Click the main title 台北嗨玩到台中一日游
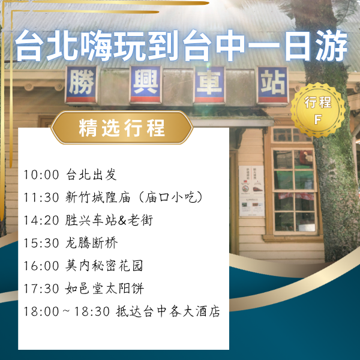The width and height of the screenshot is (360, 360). (x=180, y=47)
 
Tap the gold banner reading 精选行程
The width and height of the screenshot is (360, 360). (x=122, y=128)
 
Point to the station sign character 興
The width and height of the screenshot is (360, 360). (x=146, y=83)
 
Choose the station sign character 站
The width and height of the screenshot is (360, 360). (x=272, y=85)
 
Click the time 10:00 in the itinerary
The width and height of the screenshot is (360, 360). (x=41, y=175)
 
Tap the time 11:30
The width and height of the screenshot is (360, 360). (x=41, y=197)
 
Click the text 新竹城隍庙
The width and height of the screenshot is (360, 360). (x=95, y=197)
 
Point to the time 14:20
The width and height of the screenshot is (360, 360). (x=41, y=220)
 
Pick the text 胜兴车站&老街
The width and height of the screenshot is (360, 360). (x=109, y=220)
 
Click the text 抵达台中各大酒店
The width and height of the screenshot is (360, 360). (x=167, y=311)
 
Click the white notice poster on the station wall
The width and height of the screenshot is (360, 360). (x=252, y=191)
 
